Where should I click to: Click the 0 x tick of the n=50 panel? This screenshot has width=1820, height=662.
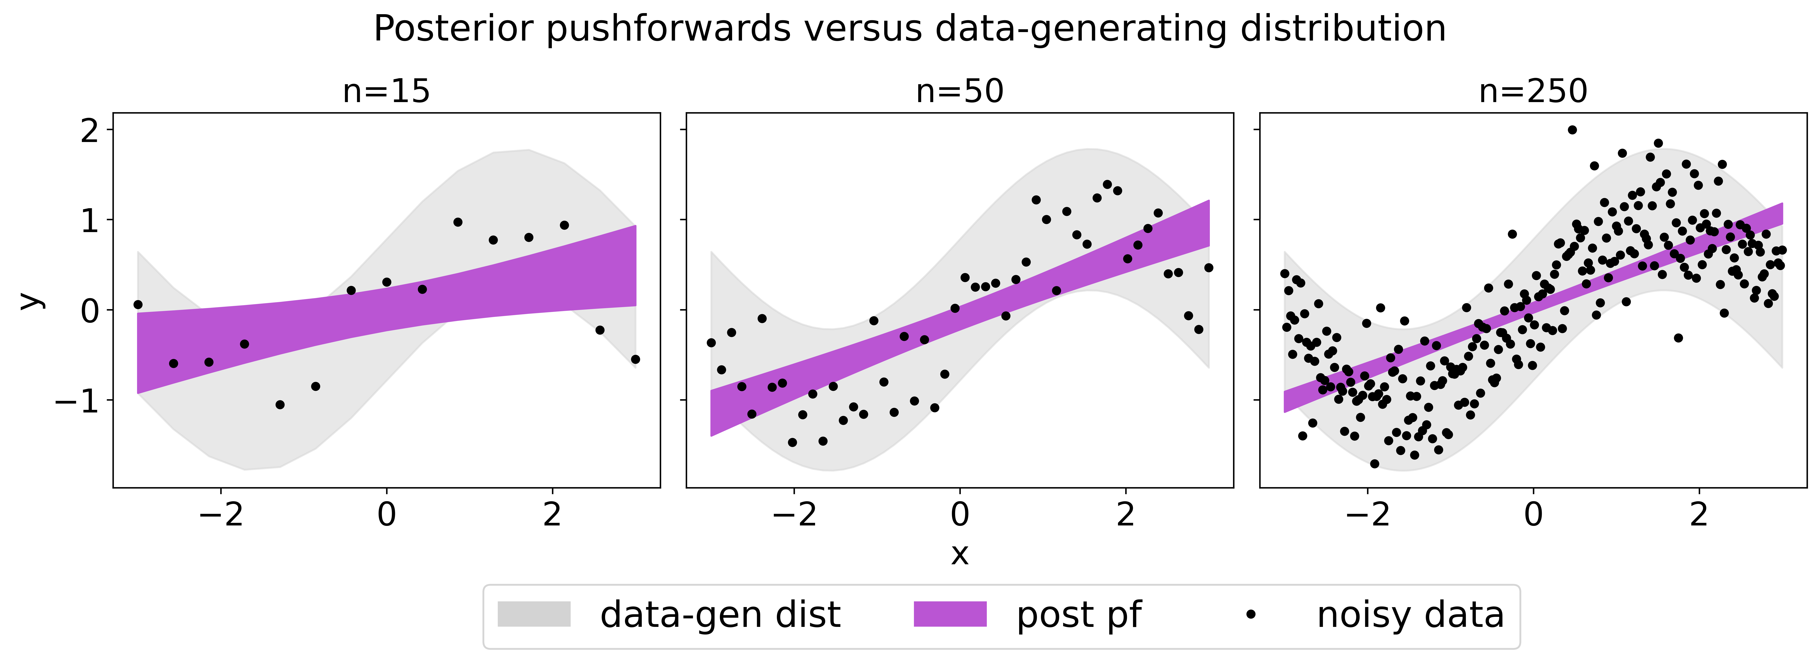[x=960, y=514]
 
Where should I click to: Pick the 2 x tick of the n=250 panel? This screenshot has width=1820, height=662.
[x=1698, y=514]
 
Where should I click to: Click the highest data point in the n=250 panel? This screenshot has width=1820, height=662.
[x=1572, y=130]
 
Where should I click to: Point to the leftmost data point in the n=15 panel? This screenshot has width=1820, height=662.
[x=138, y=304]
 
